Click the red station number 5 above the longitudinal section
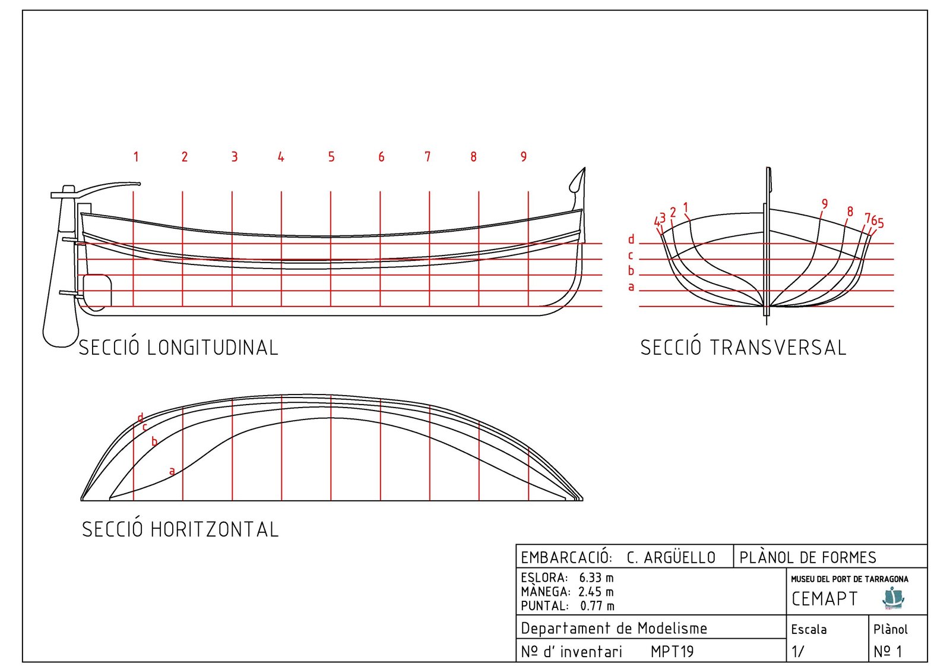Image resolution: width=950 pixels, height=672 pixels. pyautogui.click(x=331, y=157)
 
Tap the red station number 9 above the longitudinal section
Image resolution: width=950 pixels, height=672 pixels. pyautogui.click(x=523, y=157)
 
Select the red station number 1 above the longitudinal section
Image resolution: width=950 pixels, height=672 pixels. pyautogui.click(x=136, y=157)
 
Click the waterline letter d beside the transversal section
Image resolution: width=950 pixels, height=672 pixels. pyautogui.click(x=631, y=239)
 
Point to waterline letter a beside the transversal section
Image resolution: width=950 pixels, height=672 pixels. pyautogui.click(x=631, y=287)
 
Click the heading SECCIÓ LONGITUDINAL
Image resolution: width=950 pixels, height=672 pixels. pyautogui.click(x=178, y=348)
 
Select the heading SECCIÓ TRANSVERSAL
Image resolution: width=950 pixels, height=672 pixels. pyautogui.click(x=743, y=348)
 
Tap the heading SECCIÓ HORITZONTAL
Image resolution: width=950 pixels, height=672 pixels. pyautogui.click(x=180, y=529)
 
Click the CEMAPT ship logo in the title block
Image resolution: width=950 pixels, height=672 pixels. pyautogui.click(x=892, y=598)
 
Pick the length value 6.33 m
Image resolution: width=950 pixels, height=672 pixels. pyautogui.click(x=596, y=578)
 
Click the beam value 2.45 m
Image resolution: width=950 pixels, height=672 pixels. pyautogui.click(x=596, y=592)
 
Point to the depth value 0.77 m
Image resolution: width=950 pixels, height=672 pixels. pyautogui.click(x=597, y=606)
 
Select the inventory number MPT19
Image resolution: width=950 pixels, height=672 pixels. pyautogui.click(x=672, y=652)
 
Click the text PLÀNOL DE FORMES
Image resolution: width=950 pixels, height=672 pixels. pyautogui.click(x=807, y=557)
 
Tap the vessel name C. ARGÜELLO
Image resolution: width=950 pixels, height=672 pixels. pyautogui.click(x=671, y=557)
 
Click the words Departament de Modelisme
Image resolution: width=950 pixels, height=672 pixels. pyautogui.click(x=614, y=628)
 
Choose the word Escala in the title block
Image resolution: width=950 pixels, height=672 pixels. pyautogui.click(x=809, y=629)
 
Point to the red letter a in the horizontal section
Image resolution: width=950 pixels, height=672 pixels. pyautogui.click(x=172, y=471)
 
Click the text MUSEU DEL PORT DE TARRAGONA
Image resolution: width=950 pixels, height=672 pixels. pyautogui.click(x=849, y=579)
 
